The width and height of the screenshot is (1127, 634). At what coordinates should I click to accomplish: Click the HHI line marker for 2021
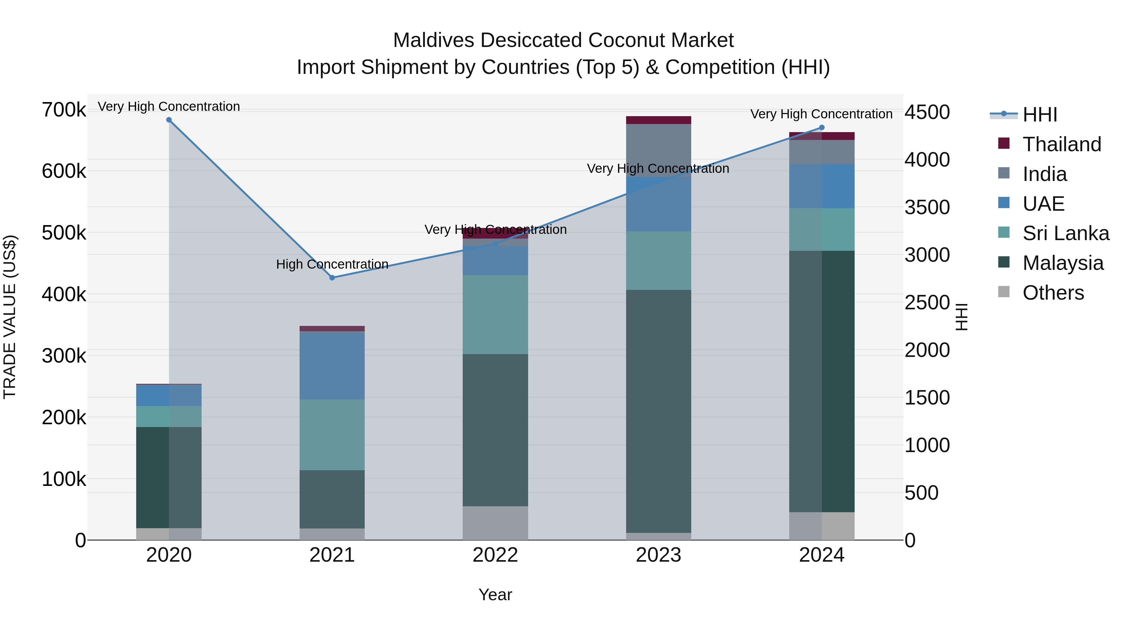(x=332, y=277)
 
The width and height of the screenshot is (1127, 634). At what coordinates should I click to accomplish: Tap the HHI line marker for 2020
(x=169, y=120)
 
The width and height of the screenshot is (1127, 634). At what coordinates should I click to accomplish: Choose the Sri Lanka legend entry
(x=1065, y=233)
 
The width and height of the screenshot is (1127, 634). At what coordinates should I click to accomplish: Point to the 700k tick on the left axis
(x=64, y=110)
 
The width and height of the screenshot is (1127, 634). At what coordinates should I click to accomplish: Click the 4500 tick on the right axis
(x=927, y=112)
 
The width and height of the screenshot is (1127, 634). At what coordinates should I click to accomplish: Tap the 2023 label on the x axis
(x=658, y=555)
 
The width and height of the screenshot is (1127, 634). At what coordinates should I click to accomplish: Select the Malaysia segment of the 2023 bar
(x=658, y=411)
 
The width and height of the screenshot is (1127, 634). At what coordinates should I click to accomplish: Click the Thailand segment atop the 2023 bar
(x=658, y=120)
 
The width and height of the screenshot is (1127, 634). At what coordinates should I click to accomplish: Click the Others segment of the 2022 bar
(x=495, y=523)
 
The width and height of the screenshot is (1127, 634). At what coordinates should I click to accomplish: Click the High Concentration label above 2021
(x=332, y=264)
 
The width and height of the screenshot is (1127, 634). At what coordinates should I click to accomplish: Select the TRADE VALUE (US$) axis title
(x=10, y=317)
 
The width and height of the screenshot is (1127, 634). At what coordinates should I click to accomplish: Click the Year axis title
(x=495, y=595)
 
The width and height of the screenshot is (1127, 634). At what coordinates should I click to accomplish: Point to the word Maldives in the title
(x=433, y=40)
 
